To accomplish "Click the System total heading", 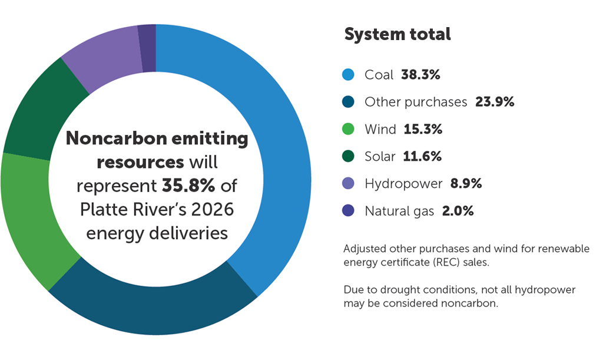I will coord(397,34).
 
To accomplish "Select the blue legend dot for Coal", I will coord(348,75).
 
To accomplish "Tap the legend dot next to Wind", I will coord(348,129).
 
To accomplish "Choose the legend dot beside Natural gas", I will coord(348,210).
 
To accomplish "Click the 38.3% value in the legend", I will coord(421,75).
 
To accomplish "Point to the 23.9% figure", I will coord(495,102).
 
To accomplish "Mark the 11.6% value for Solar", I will coord(422,156).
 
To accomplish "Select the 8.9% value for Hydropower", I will coord(466,183).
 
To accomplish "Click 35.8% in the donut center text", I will coord(180,186).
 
